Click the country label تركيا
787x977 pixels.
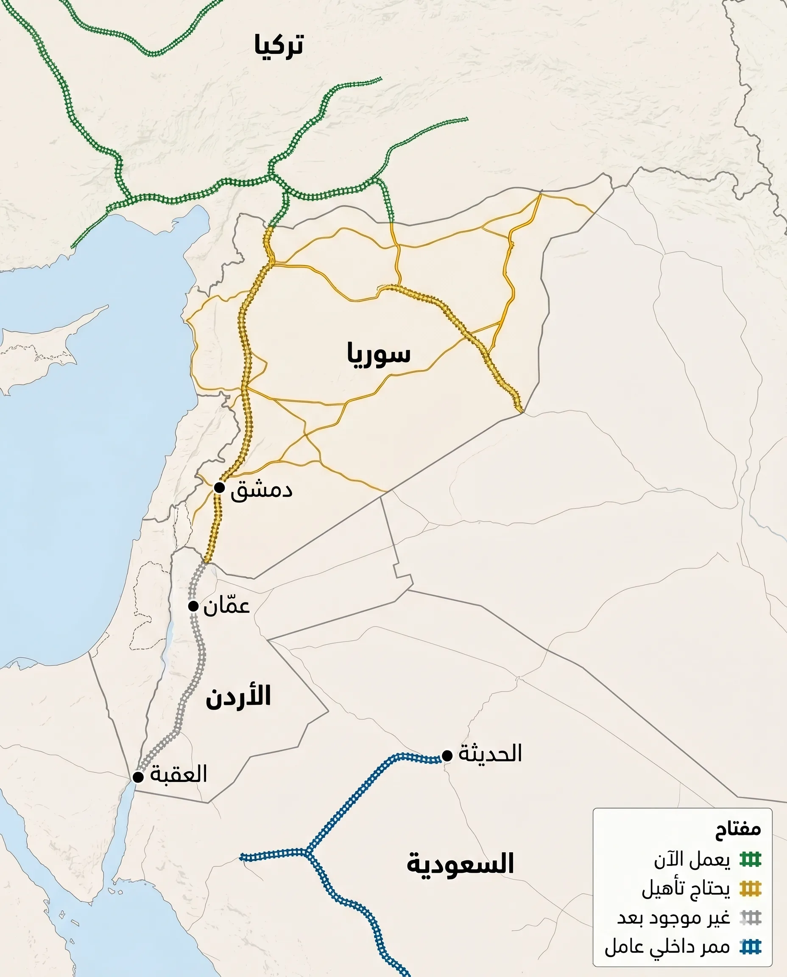pos(278,45)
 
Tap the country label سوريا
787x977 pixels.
pos(379,354)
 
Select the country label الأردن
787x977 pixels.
pos(238,697)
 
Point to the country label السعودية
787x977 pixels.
pos(460,863)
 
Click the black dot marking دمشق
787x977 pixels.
pos(219,487)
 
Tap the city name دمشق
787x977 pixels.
pos(261,490)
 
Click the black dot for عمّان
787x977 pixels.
pos(194,606)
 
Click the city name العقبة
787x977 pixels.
pos(179,774)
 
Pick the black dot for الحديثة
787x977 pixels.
pos(447,755)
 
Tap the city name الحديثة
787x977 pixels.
pos(490,754)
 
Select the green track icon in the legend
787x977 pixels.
pos(750,859)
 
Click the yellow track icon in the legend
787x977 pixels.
pos(750,889)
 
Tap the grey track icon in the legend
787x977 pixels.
pos(750,918)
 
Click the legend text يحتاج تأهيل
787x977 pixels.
pos(686,889)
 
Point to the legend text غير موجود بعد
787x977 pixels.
pos(674,918)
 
